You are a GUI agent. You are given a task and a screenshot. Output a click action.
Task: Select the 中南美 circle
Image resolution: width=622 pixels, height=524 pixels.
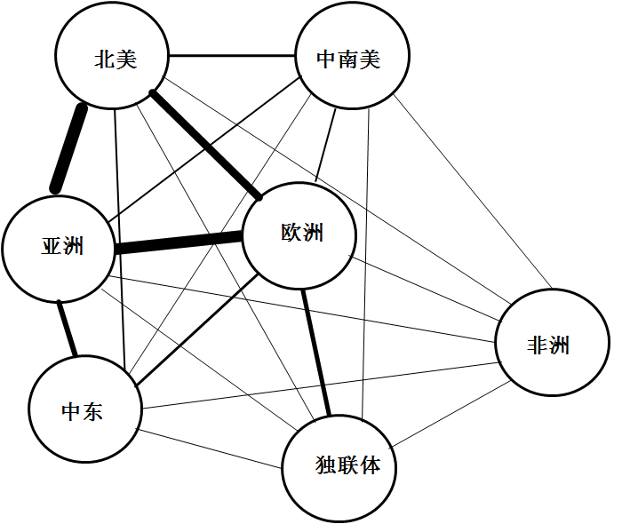point(351,59)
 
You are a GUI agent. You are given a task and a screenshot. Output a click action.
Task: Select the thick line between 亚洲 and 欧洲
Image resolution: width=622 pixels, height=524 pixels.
point(179,243)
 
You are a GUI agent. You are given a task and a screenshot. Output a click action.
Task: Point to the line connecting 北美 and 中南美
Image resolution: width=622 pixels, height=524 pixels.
point(231,56)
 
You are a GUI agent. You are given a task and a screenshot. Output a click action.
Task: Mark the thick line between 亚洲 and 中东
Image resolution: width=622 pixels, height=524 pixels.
point(68,329)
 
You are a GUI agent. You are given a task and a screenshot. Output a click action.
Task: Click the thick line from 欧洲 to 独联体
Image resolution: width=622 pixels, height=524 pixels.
point(315,351)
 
